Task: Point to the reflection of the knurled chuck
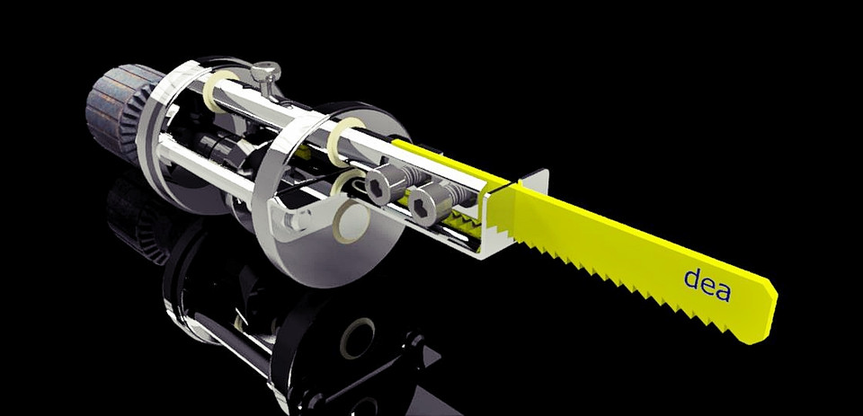(x=135, y=220)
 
